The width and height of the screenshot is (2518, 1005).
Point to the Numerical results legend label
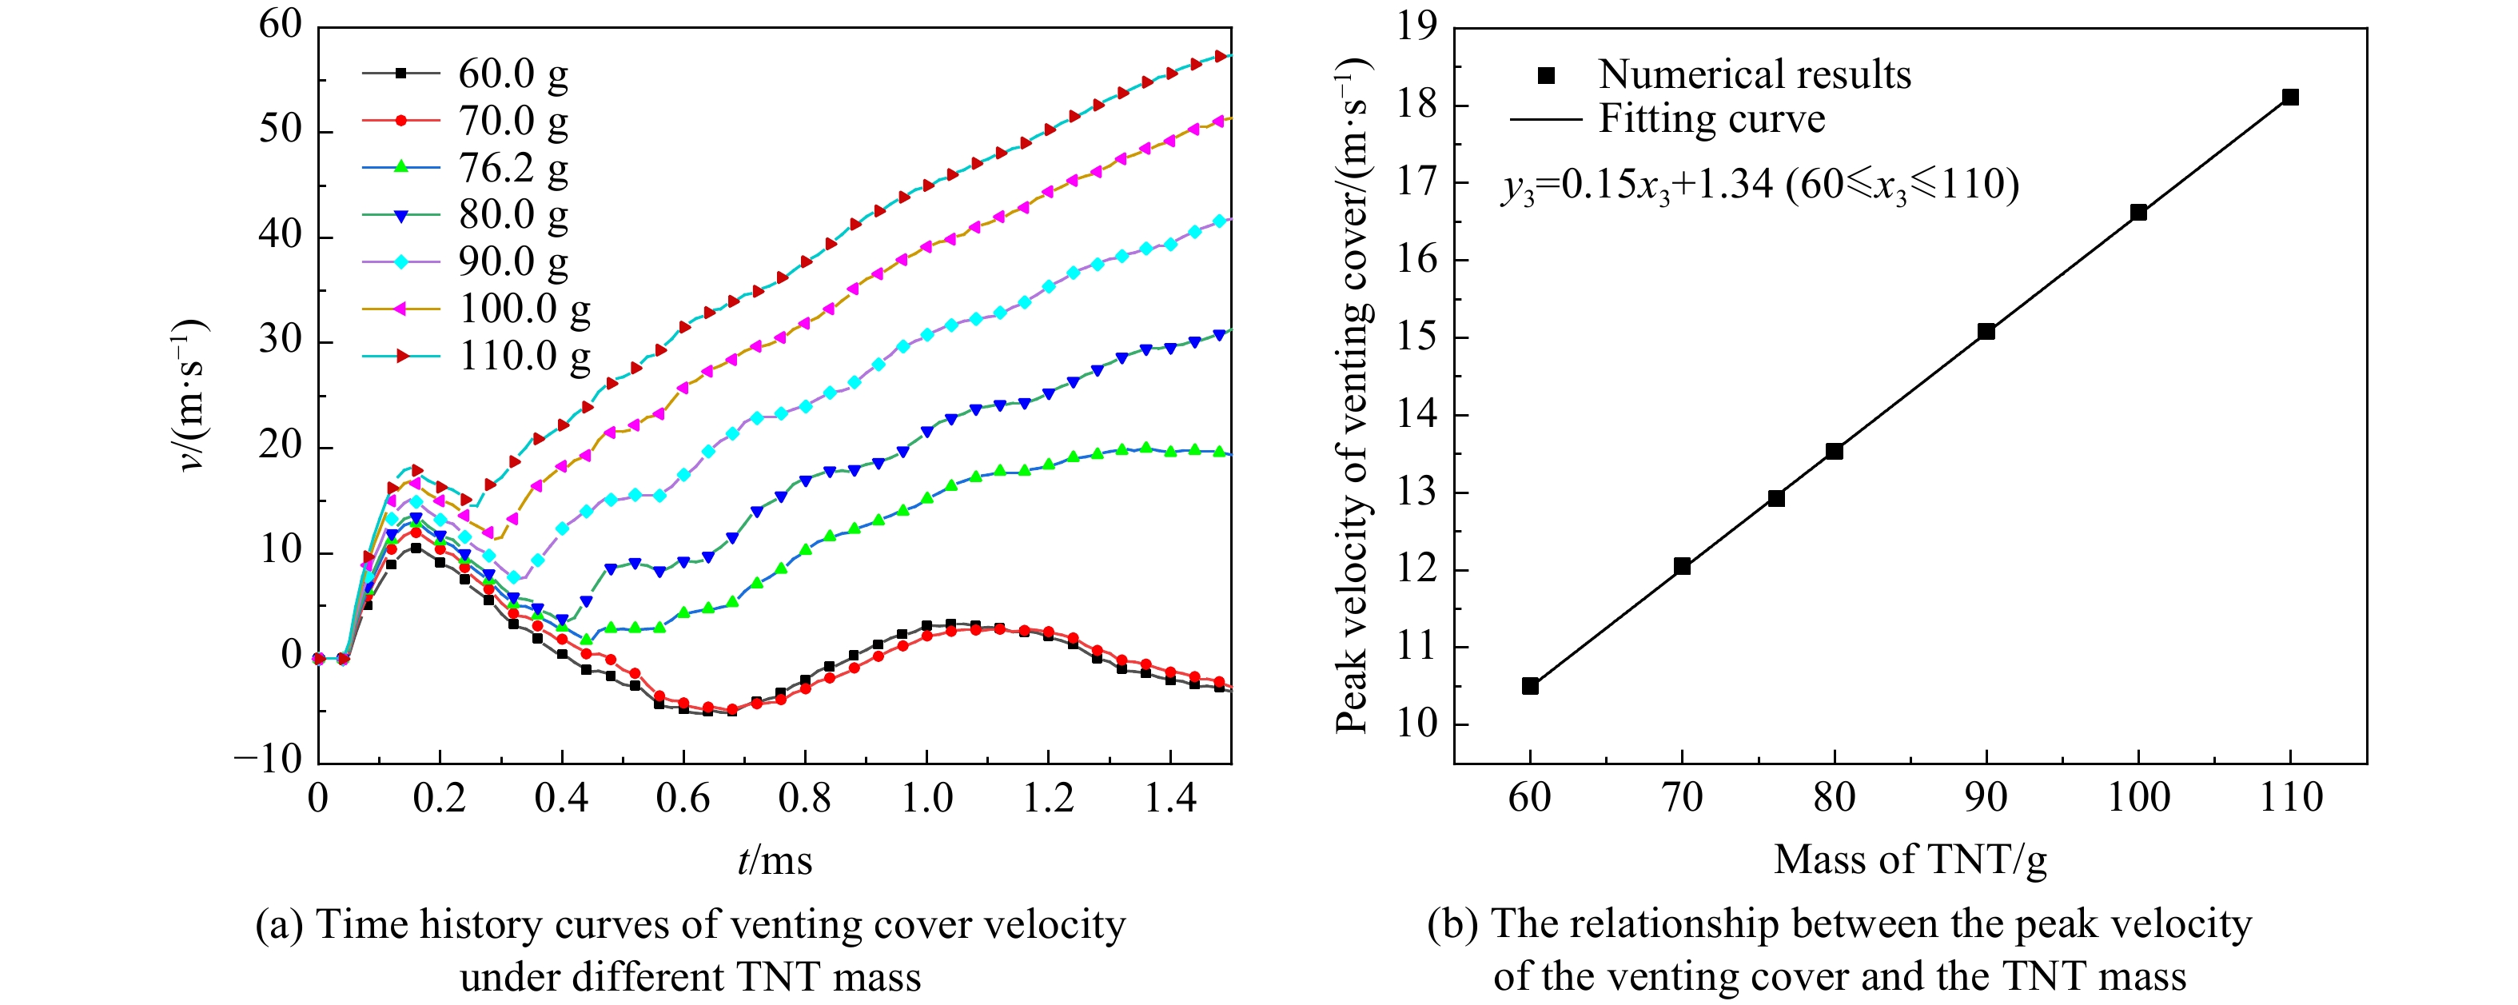[x=1754, y=74]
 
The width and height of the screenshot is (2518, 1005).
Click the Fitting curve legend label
[x=1711, y=119]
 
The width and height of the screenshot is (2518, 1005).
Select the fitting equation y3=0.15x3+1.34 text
[x=1759, y=185]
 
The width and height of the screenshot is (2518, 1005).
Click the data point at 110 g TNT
[x=2290, y=97]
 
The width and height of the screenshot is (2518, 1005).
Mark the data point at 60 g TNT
[x=1530, y=686]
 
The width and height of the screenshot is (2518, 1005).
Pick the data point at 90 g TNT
[x=1986, y=332]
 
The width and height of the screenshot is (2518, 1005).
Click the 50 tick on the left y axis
[x=281, y=130]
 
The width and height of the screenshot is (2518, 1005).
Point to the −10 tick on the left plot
[x=269, y=760]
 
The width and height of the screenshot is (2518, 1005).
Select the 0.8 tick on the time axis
[x=804, y=799]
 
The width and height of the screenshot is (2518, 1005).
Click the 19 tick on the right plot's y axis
[x=1418, y=26]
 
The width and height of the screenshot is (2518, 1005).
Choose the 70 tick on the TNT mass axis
[x=1682, y=798]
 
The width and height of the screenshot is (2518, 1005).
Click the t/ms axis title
[x=774, y=860]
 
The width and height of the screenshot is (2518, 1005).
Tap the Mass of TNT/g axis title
[x=1910, y=860]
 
